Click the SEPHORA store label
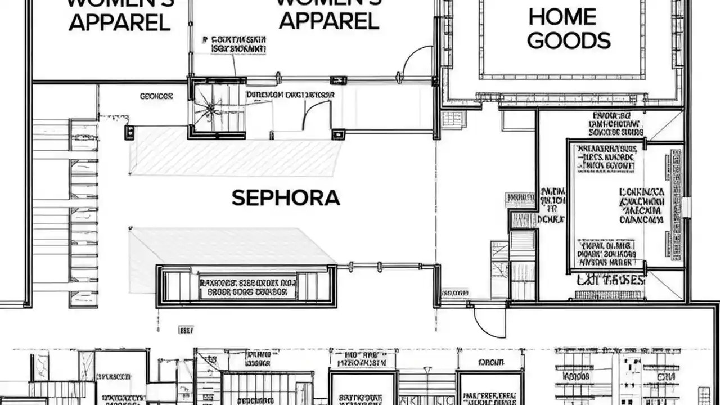tap(286, 198)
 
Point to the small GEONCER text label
tap(156, 97)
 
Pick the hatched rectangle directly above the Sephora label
tap(236, 151)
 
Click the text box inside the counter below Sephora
tap(247, 287)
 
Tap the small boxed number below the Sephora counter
tap(186, 330)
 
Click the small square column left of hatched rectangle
tap(129, 133)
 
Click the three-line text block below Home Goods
tap(616, 124)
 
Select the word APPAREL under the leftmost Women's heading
tap(120, 22)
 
